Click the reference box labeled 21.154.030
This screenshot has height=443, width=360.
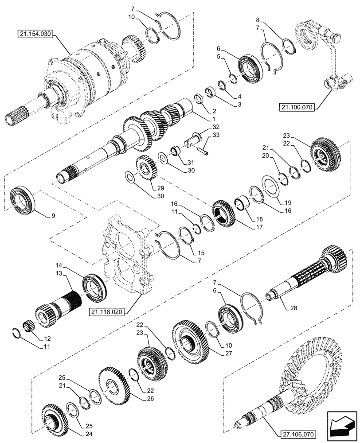tap(36, 34)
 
